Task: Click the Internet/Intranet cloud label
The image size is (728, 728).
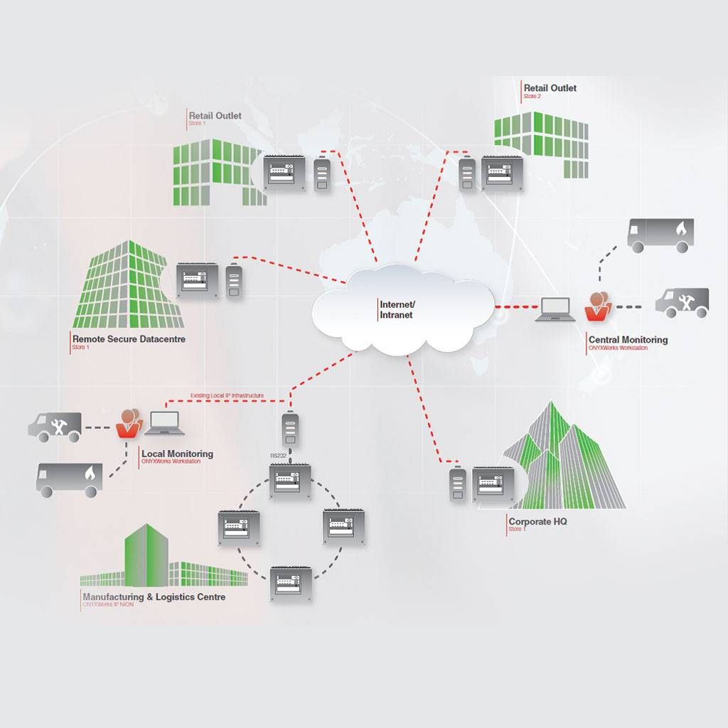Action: click(x=397, y=309)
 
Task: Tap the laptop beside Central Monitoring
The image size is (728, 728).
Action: click(x=555, y=309)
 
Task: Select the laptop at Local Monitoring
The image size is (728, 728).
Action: click(x=164, y=423)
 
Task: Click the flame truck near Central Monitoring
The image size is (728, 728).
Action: click(x=660, y=235)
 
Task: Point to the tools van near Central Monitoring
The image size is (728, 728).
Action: click(x=682, y=302)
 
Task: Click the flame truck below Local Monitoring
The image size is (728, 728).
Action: click(x=69, y=478)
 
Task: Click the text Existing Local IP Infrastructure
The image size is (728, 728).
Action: click(x=227, y=395)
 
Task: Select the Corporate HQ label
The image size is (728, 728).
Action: click(x=537, y=521)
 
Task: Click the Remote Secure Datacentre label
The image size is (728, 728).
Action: click(x=129, y=339)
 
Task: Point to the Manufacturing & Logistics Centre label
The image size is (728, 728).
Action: click(x=154, y=597)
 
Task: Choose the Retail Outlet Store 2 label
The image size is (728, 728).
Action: click(x=550, y=88)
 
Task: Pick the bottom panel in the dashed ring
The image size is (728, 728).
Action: click(x=290, y=584)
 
